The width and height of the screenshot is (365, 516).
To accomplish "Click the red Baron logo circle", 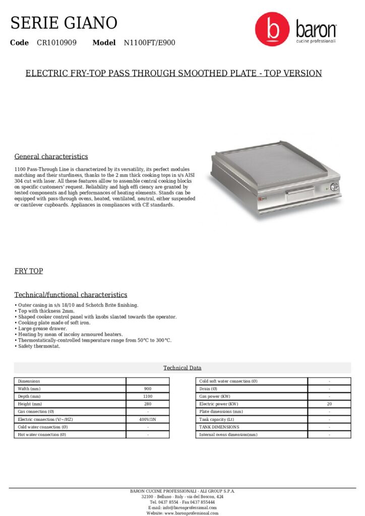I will [x=272, y=29].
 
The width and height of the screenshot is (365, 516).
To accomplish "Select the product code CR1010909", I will [x=56, y=43].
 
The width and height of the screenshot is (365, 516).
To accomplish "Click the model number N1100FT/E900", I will [x=149, y=43].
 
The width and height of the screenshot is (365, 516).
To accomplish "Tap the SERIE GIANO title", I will [x=64, y=23].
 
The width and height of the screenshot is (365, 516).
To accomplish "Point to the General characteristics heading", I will [x=51, y=156].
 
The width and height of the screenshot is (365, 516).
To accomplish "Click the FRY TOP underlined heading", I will [x=28, y=271].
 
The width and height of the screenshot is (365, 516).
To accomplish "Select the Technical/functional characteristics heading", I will [x=71, y=295].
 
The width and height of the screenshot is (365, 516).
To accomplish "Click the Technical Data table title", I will [x=182, y=368].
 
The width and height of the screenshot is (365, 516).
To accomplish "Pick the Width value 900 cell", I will [x=148, y=389].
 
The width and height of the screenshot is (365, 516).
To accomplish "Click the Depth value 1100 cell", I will [x=148, y=397].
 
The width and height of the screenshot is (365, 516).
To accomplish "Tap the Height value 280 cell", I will [x=148, y=404].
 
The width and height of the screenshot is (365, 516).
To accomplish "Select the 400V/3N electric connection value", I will [x=148, y=419].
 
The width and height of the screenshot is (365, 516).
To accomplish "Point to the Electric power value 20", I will [x=329, y=404].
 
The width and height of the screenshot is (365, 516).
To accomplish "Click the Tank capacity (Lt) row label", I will [x=217, y=419].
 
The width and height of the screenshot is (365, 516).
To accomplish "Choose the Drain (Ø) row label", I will [x=208, y=389].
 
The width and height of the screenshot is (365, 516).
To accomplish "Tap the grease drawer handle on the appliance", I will [x=298, y=192].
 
